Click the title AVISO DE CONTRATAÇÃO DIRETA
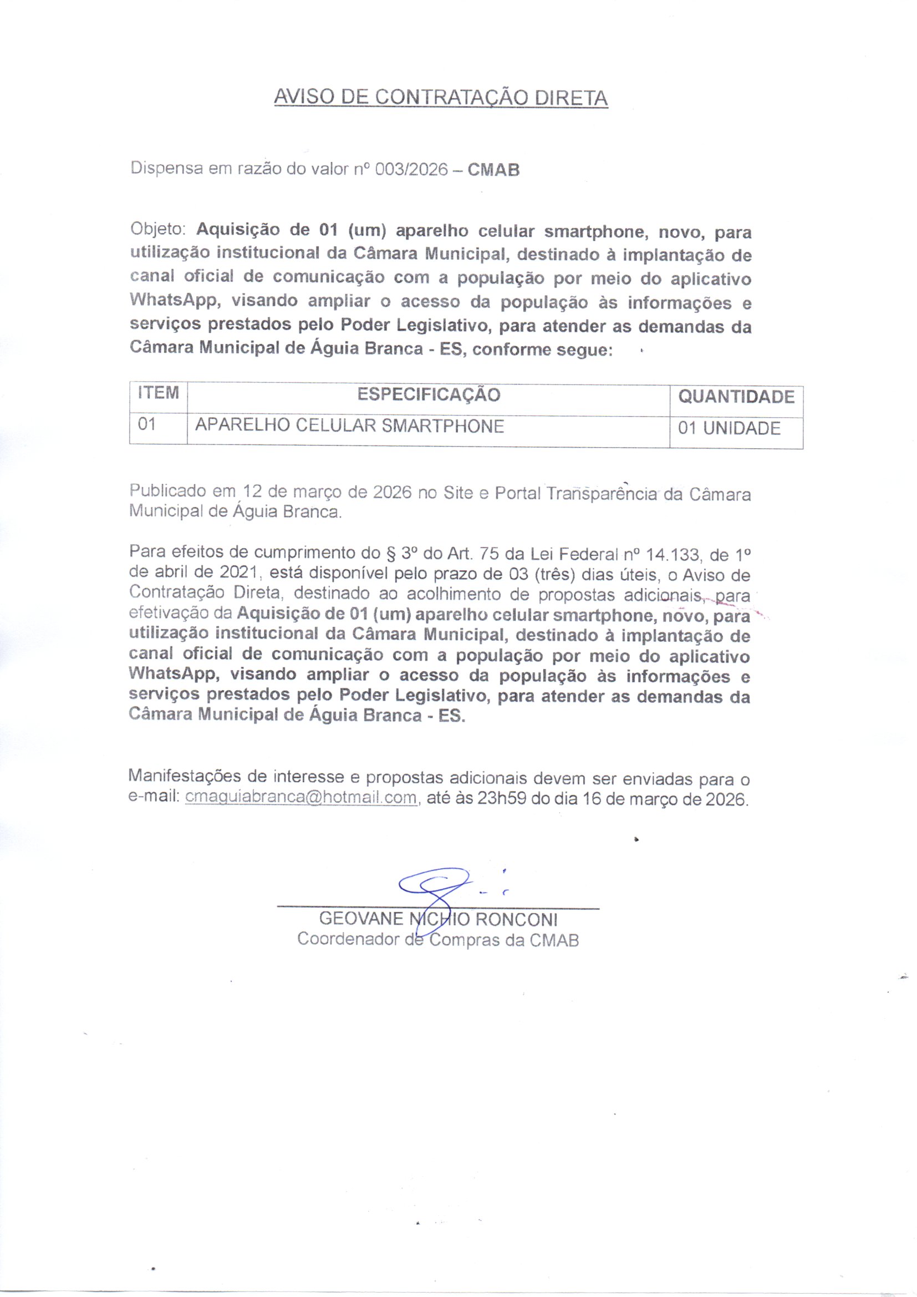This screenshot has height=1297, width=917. pos(440,98)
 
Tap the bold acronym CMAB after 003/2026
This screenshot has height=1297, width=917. pos(493,169)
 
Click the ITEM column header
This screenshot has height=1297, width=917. pos(158,393)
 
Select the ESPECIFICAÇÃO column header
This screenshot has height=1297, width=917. pos(428,394)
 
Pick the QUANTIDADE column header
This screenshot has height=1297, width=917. pos(736,397)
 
